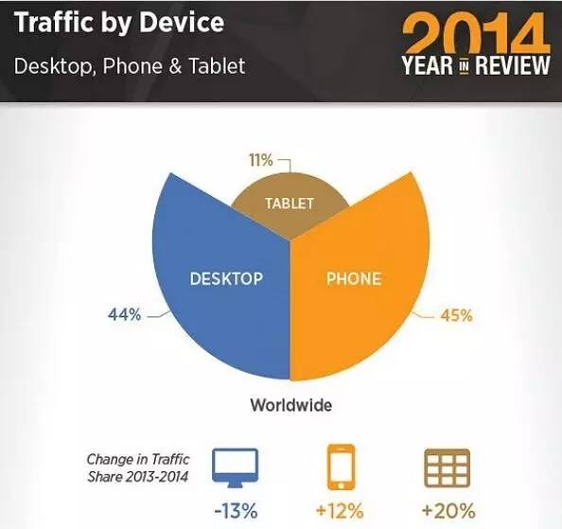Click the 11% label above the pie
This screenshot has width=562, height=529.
[x=261, y=160]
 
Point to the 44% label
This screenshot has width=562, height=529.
[x=124, y=315]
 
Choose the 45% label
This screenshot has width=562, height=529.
[x=456, y=315]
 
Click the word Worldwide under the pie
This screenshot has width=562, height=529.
[x=291, y=405]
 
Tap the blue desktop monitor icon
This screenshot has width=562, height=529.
[x=235, y=467]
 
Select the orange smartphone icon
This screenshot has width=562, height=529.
[x=341, y=467]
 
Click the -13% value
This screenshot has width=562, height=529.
[x=236, y=511]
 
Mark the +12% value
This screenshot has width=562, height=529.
[x=340, y=511]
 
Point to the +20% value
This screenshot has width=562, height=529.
[x=448, y=511]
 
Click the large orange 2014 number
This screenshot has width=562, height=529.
[x=476, y=34]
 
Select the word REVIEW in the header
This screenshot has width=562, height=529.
[x=513, y=65]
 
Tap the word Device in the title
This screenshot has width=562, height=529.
[x=182, y=22]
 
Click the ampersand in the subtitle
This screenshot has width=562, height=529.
[x=175, y=66]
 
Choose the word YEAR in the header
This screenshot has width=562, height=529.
[x=427, y=65]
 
